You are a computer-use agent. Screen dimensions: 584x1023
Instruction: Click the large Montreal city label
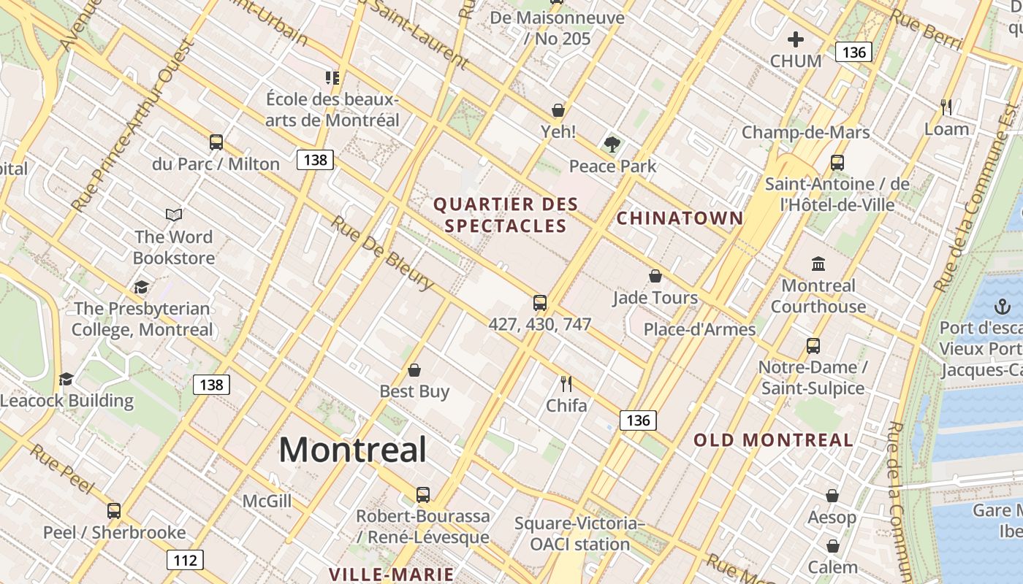point(352,449)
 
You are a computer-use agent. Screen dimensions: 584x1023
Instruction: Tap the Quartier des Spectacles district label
point(506,215)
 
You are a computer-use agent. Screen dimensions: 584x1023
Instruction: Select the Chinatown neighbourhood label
point(680,218)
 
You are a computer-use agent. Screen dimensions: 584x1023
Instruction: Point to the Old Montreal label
point(773,440)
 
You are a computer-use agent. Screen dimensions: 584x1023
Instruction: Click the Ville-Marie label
point(391,575)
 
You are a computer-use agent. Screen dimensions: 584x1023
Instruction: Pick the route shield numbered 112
point(185,560)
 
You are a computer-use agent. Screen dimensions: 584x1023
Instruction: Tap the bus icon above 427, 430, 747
point(540,302)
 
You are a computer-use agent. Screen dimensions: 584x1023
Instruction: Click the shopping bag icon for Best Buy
point(414,370)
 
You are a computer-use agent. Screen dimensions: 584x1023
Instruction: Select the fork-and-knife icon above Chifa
point(566,383)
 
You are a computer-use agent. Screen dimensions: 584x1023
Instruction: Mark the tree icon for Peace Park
point(612,145)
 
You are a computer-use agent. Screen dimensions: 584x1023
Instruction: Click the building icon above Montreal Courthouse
point(818,264)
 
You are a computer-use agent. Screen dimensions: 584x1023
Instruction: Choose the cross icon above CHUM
point(796,39)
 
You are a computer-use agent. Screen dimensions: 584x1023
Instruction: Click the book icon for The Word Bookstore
point(174,215)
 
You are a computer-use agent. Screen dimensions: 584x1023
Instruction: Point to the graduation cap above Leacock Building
point(66,379)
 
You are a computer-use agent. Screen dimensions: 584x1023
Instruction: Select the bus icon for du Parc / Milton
point(216,142)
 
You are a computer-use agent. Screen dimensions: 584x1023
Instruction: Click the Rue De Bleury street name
point(381,253)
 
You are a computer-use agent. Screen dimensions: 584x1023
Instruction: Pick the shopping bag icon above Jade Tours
point(655,276)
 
